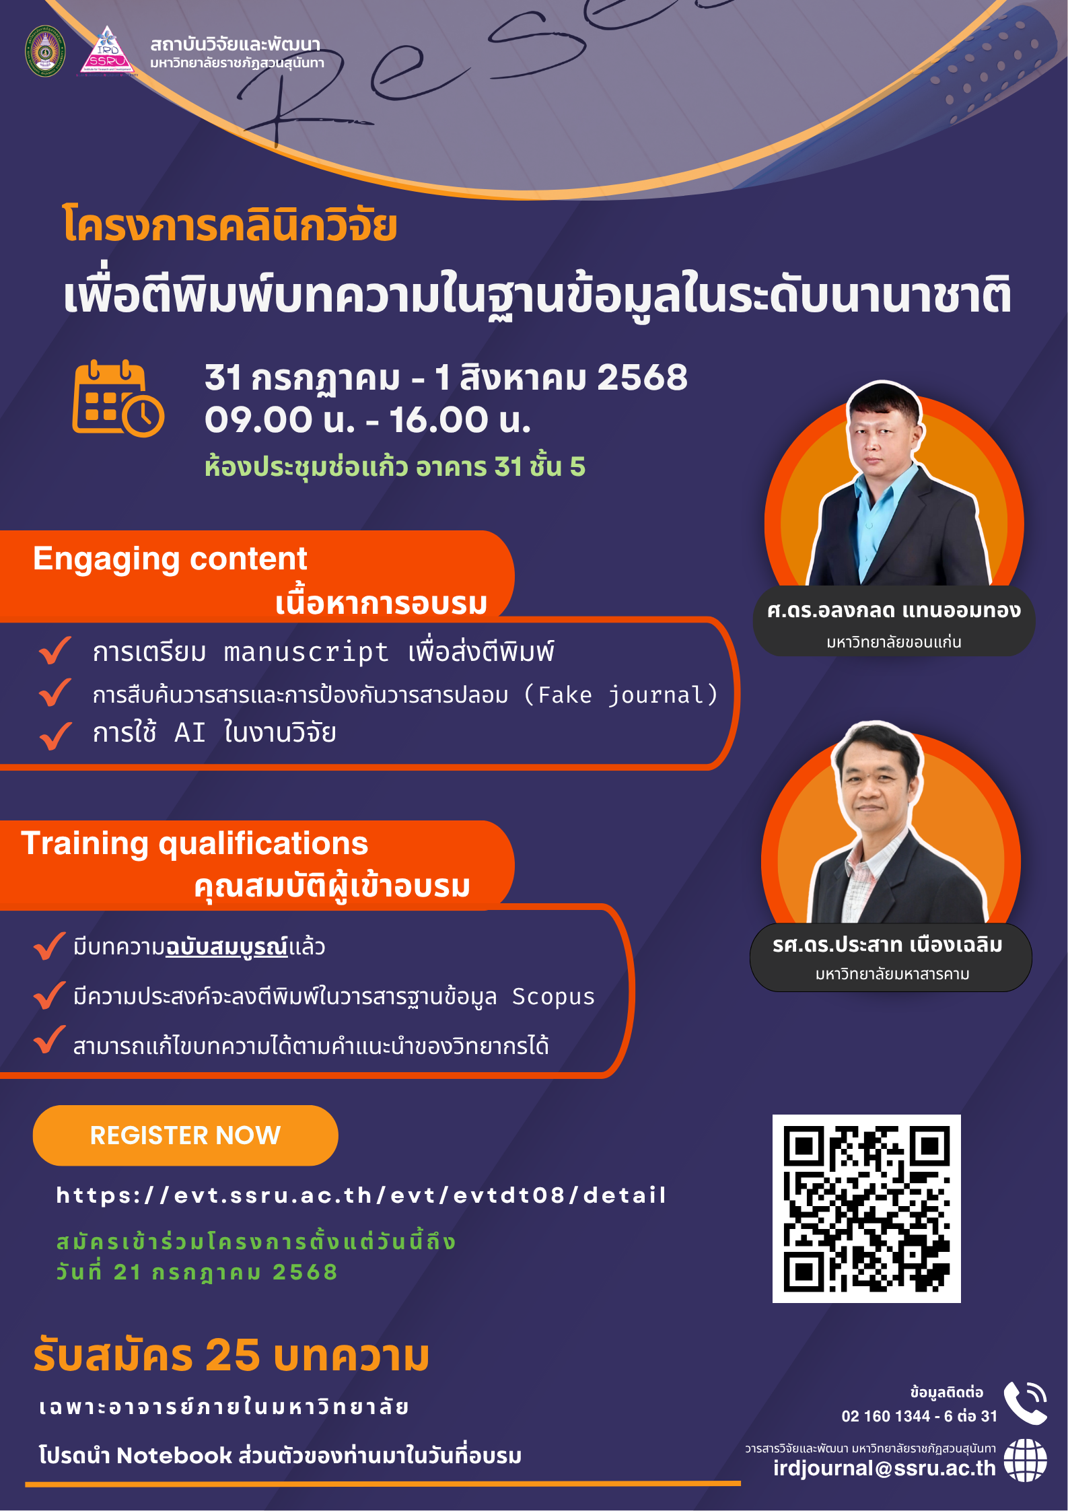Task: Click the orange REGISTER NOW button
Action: [x=185, y=1135]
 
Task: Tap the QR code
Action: [x=866, y=1208]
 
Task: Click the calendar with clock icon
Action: [x=118, y=398]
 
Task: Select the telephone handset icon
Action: [x=1025, y=1403]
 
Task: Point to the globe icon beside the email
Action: [x=1025, y=1461]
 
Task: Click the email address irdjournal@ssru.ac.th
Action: [x=884, y=1468]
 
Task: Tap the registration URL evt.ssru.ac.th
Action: [x=361, y=1195]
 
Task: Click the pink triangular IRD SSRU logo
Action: [x=107, y=50]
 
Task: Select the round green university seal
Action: [x=45, y=51]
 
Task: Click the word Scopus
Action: [x=553, y=997]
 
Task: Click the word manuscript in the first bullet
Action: [x=306, y=652]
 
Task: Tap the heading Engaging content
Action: [x=170, y=559]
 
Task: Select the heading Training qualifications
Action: [x=195, y=843]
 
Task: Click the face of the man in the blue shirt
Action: [x=882, y=435]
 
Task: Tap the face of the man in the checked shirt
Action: [x=873, y=783]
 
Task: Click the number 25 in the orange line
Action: [x=232, y=1355]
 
